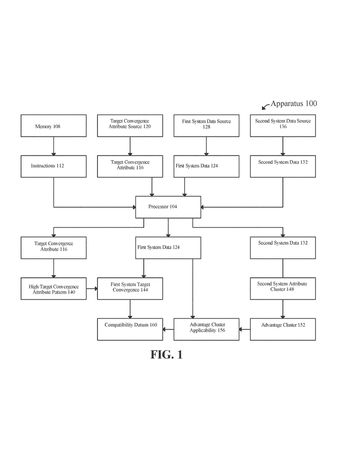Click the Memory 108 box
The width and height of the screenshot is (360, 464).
pyautogui.click(x=54, y=126)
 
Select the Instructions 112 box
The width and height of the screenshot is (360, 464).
pyautogui.click(x=54, y=167)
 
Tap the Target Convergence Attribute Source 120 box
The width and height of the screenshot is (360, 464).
pyautogui.click(x=130, y=126)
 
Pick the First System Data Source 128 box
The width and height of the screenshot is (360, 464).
pyautogui.click(x=206, y=126)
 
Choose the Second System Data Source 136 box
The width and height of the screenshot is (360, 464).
pyautogui.click(x=283, y=126)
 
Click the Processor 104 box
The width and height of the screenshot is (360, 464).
pyautogui.click(x=168, y=207)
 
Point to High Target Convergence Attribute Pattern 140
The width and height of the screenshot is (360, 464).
pyautogui.click(x=54, y=289)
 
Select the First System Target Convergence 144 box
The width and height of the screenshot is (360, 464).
pyautogui.click(x=130, y=289)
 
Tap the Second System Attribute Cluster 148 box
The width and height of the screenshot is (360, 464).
pyautogui.click(x=283, y=289)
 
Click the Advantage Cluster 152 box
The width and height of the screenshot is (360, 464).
pyautogui.click(x=283, y=329)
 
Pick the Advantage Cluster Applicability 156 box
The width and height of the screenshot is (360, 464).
pyautogui.click(x=206, y=329)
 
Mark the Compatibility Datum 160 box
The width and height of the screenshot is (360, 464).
pyautogui.click(x=130, y=329)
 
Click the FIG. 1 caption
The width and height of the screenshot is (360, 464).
pyautogui.click(x=167, y=354)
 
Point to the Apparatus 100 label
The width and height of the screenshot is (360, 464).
pyautogui.click(x=294, y=104)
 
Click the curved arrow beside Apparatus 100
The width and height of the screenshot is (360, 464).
pyautogui.click(x=265, y=106)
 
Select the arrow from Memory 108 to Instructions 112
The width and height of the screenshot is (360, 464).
pyautogui.click(x=54, y=146)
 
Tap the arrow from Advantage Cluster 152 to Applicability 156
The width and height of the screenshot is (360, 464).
pyautogui.click(x=244, y=329)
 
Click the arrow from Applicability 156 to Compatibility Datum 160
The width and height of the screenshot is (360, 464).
pyautogui.click(x=168, y=329)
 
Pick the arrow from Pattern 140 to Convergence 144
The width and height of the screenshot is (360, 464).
pyautogui.click(x=92, y=289)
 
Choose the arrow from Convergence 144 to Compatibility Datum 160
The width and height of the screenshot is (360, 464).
pyautogui.click(x=130, y=309)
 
